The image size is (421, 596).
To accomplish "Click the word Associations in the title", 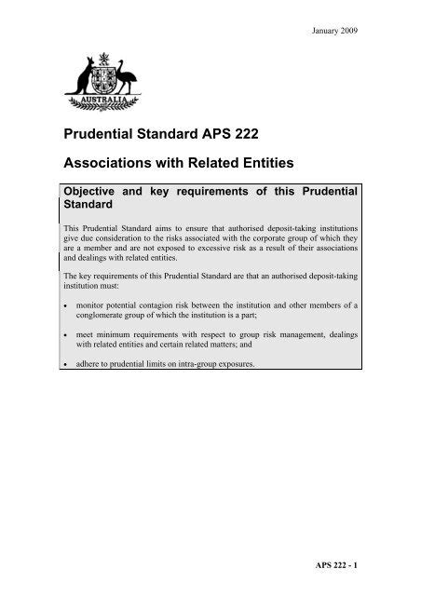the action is click(x=112, y=165).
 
